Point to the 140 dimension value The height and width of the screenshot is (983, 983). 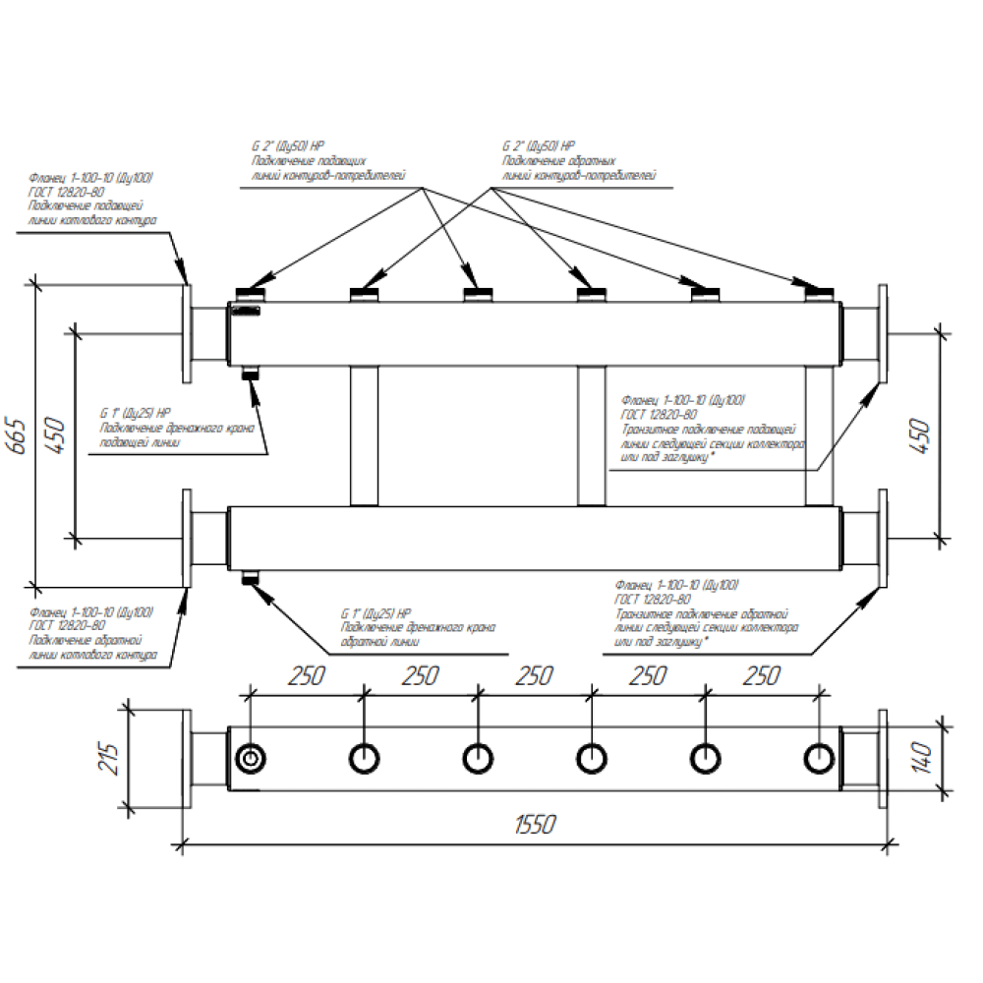click(x=921, y=758)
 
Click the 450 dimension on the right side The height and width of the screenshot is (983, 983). click(x=921, y=434)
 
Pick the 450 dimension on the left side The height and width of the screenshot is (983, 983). click(x=56, y=434)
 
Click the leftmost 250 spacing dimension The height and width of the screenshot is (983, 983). click(x=307, y=676)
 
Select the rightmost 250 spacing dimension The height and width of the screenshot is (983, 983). click(x=760, y=676)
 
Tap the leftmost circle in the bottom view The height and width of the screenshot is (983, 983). click(x=252, y=759)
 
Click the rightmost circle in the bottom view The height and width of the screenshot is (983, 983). click(x=818, y=759)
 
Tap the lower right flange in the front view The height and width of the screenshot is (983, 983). click(x=883, y=538)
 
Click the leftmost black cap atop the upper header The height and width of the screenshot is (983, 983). click(x=252, y=292)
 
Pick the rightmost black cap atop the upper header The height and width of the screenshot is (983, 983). click(x=819, y=292)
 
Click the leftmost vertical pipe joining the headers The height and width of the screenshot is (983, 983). click(x=364, y=434)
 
